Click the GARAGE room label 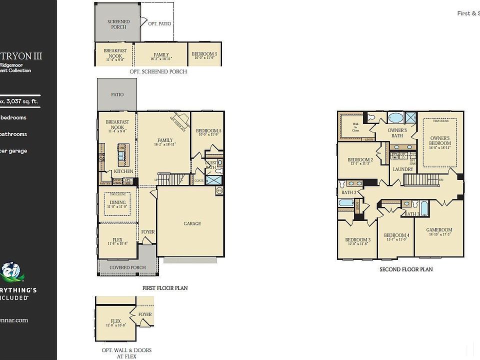point(192,223)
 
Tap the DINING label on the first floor point(118,202)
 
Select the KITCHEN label point(123,171)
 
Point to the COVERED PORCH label point(127,267)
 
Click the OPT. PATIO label point(159,23)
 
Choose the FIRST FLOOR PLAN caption point(164,288)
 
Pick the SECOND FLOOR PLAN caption point(406,269)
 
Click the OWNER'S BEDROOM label point(440,140)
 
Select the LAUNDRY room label point(403,169)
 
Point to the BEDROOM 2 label point(360,160)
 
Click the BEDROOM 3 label point(357,240)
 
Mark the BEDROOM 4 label point(396,235)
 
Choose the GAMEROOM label point(439,230)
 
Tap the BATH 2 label point(348,192)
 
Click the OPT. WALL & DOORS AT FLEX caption point(123,353)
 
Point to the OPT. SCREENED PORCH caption point(158,71)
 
